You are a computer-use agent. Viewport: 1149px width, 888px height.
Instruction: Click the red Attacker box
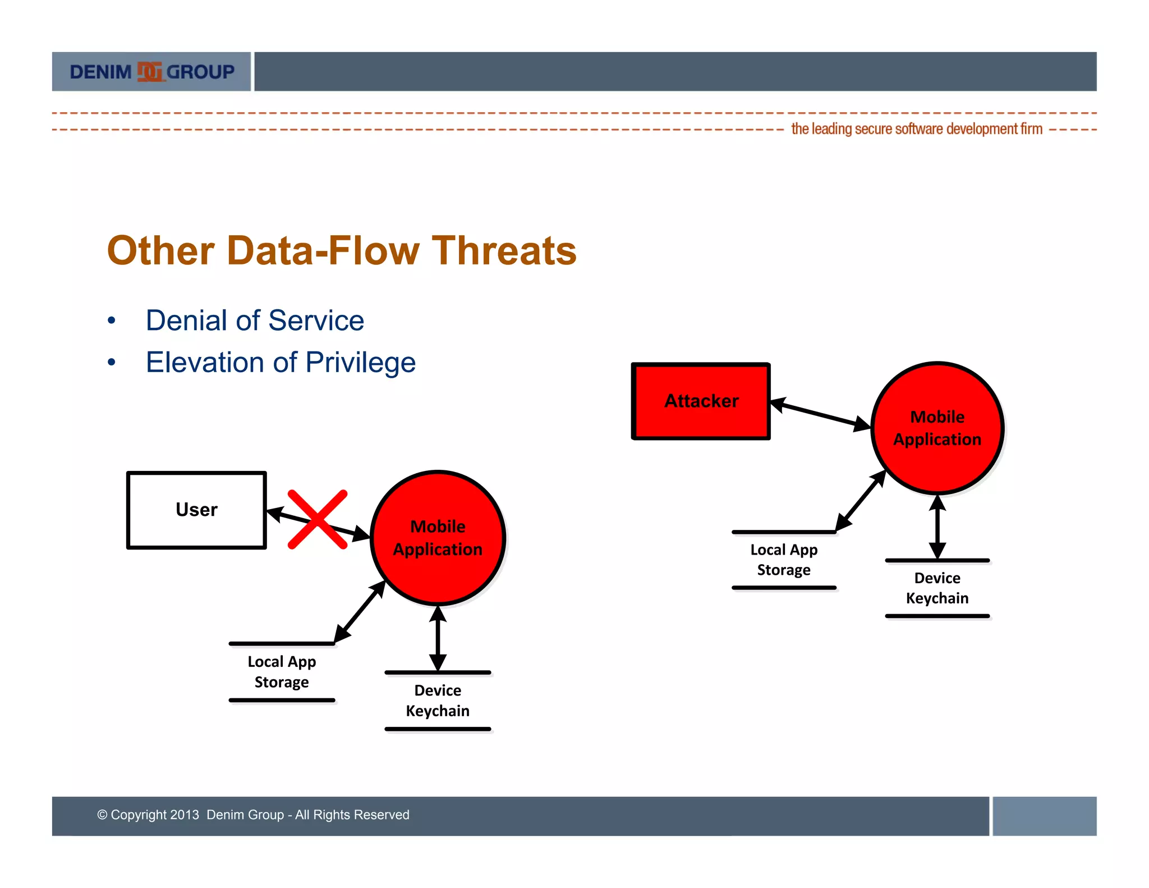coord(701,401)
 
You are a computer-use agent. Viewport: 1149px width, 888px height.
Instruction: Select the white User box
coord(196,510)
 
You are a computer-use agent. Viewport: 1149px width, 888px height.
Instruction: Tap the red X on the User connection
coord(318,519)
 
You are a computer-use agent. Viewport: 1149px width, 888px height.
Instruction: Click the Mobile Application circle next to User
coord(438,538)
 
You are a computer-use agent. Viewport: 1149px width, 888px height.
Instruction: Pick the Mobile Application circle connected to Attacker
coord(937,428)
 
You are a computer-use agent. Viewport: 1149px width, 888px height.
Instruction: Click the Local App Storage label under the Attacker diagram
coord(784,560)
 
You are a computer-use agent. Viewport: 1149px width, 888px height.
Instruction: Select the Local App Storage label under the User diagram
coord(282,672)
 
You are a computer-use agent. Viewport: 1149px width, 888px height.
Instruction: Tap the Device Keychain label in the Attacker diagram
coord(937,588)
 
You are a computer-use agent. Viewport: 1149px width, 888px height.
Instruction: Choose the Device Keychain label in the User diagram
coord(438,701)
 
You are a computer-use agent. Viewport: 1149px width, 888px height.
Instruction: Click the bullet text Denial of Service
coord(255,321)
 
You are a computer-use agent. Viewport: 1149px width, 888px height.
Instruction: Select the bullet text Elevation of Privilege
coord(281,362)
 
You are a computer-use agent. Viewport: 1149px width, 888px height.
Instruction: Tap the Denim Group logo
coord(151,72)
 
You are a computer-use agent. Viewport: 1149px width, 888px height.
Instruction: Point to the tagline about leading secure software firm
coord(916,129)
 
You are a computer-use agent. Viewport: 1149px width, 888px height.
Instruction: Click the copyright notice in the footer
coord(253,814)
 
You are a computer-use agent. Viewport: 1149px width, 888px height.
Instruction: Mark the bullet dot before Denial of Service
coord(112,321)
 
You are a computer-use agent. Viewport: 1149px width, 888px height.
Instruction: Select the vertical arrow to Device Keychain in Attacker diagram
coord(937,527)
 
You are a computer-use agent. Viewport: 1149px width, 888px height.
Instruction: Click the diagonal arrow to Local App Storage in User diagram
coord(360,612)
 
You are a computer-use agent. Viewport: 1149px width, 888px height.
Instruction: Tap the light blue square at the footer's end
coord(1044,816)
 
